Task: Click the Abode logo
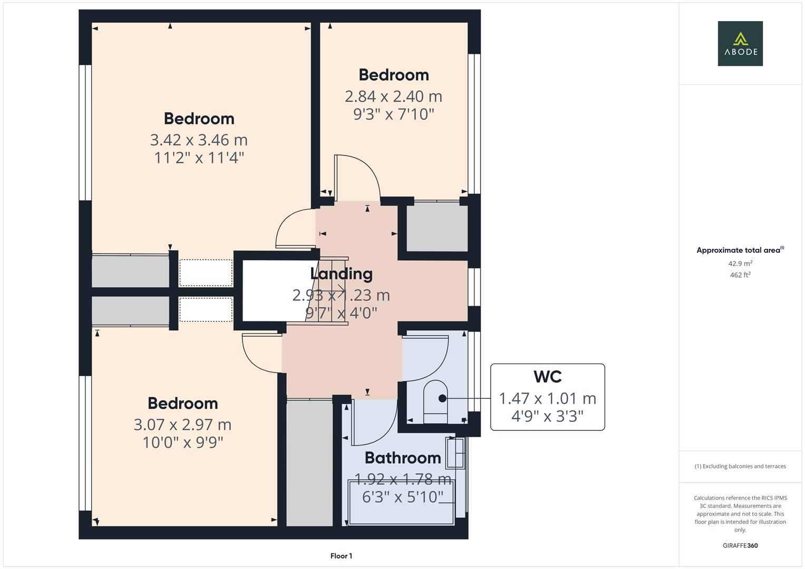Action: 740,43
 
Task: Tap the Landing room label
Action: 341,273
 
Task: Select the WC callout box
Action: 547,397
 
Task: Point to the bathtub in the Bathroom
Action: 401,502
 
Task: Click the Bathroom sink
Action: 455,453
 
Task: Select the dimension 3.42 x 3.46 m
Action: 199,140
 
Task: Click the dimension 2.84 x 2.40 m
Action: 393,96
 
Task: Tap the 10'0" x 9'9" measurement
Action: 182,442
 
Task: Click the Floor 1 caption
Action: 341,556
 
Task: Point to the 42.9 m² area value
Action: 740,263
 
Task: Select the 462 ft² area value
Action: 740,275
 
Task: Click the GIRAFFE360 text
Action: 740,545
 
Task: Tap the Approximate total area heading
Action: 740,250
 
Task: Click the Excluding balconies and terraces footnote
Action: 740,466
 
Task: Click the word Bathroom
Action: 402,458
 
